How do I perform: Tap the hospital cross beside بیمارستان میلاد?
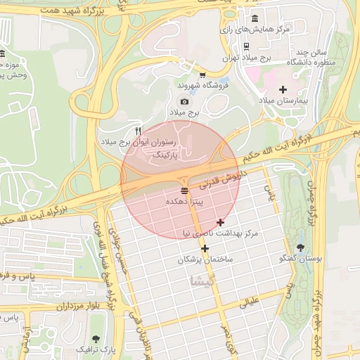pyautogui.click(x=283, y=89)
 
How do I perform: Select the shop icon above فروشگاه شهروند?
pyautogui.click(x=202, y=75)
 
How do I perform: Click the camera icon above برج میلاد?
pyautogui.click(x=185, y=102)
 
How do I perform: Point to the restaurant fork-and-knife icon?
pyautogui.click(x=139, y=131)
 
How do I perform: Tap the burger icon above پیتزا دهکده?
pyautogui.click(x=184, y=191)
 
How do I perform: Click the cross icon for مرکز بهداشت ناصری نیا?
pyautogui.click(x=220, y=222)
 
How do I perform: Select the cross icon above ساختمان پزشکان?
pyautogui.click(x=205, y=248)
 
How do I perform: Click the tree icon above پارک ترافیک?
pyautogui.click(x=96, y=337)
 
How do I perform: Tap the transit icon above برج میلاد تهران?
pyautogui.click(x=245, y=46)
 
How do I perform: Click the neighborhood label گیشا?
pyautogui.click(x=202, y=281)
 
